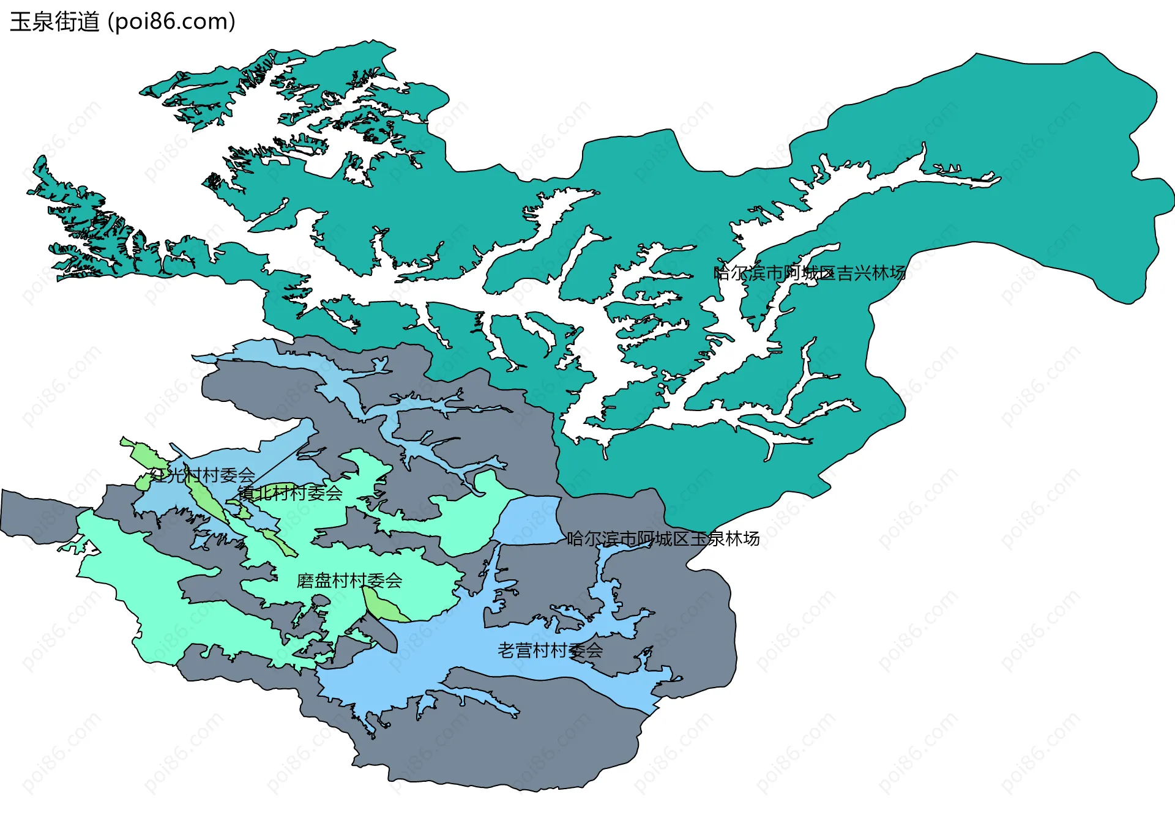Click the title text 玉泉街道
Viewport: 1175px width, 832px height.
[x=54, y=22]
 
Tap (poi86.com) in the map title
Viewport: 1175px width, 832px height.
[x=171, y=22]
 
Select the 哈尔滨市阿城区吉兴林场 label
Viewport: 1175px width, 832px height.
[x=809, y=273]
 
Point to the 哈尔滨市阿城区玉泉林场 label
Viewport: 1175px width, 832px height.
[x=663, y=539]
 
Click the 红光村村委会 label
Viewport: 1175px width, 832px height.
[x=203, y=475]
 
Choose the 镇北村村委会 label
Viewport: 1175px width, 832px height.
[x=290, y=493]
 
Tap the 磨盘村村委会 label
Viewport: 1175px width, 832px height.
[x=349, y=581]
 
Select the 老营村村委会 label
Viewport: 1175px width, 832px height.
[x=550, y=650]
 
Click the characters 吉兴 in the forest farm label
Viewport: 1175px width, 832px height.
[x=854, y=273]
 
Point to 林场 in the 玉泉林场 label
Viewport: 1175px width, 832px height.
[x=743, y=539]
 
